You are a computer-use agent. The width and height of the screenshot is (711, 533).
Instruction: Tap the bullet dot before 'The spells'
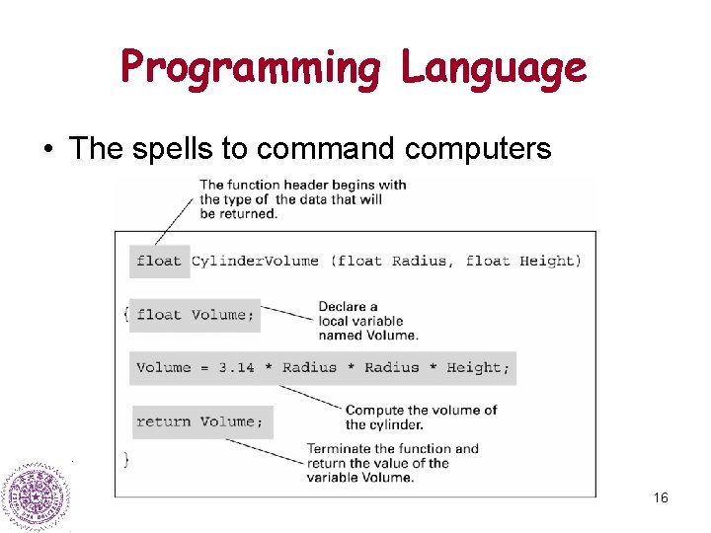pyautogui.click(x=46, y=149)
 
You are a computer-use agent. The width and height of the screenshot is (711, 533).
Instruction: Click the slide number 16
pyautogui.click(x=661, y=497)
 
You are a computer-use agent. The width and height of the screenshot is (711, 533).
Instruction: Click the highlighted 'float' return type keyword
pyautogui.click(x=159, y=261)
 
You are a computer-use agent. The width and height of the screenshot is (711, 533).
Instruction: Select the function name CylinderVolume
pyautogui.click(x=255, y=261)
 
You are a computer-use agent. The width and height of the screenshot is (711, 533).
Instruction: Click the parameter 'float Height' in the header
pyautogui.click(x=522, y=261)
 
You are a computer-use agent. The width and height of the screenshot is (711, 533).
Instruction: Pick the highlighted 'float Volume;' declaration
pyautogui.click(x=195, y=315)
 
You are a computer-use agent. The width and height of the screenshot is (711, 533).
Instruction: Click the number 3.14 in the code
pyautogui.click(x=236, y=368)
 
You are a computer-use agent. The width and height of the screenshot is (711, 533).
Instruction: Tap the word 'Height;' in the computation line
pyautogui.click(x=478, y=368)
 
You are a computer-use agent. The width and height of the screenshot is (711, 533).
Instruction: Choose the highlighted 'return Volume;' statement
pyautogui.click(x=200, y=421)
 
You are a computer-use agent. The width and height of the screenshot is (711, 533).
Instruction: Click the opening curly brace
pyautogui.click(x=125, y=314)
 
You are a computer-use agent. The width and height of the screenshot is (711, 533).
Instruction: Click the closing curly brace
pyautogui.click(x=125, y=459)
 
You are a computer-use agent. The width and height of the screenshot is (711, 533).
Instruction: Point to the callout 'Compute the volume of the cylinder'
pyautogui.click(x=421, y=417)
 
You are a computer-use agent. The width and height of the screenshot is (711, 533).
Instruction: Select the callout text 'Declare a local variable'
pyautogui.click(x=360, y=321)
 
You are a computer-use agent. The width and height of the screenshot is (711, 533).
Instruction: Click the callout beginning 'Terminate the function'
pyautogui.click(x=392, y=463)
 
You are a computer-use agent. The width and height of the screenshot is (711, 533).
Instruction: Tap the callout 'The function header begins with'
pyautogui.click(x=302, y=198)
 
